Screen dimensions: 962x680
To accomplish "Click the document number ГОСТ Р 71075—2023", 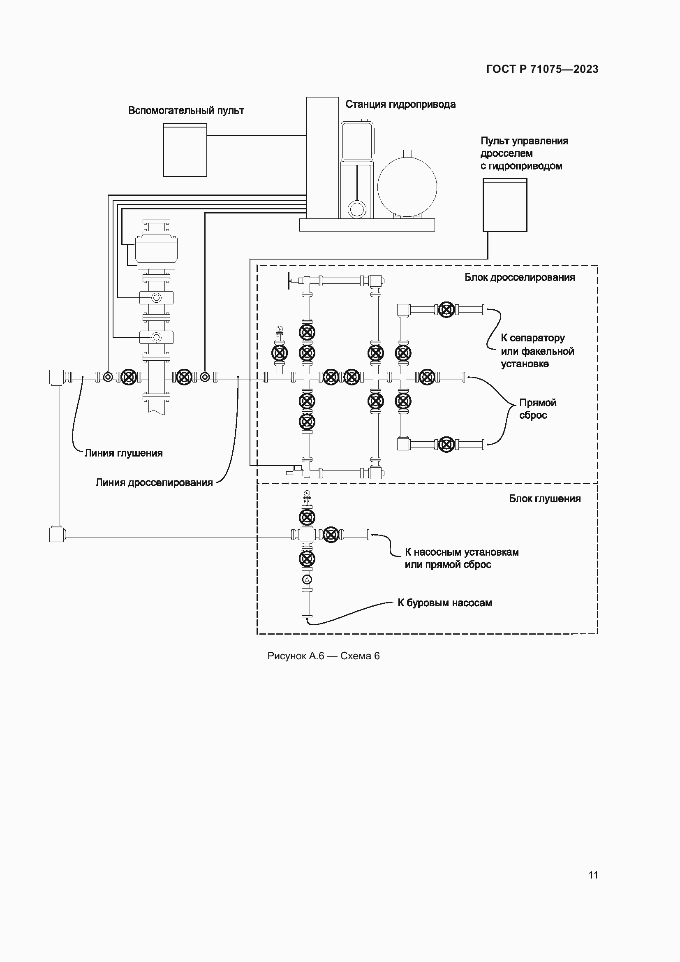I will pos(542,69).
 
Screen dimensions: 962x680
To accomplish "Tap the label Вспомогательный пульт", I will pos(186,111).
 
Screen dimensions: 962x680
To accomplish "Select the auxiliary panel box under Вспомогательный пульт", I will pos(185,150).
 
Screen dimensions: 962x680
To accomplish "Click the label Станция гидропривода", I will pos(400,104).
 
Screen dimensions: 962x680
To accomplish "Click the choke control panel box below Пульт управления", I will pos(504,205).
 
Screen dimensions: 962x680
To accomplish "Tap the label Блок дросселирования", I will pos(519,277).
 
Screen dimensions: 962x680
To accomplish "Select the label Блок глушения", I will pos(544,498).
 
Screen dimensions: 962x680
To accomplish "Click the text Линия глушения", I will pos(123,453).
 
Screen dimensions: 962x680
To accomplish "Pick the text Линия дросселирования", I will pos(154,483).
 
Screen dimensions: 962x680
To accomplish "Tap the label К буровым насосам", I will pos(444,603).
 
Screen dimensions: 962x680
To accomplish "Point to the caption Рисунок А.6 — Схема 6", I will pos(323,656).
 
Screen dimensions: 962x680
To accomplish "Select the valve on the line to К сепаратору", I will pos(446,310).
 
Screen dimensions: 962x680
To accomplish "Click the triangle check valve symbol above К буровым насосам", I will pos(307,580).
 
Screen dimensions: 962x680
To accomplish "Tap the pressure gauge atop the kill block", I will pos(307,493).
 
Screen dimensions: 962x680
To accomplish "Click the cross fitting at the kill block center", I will pos(307,534).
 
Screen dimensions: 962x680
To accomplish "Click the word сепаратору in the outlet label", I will pos(537,338).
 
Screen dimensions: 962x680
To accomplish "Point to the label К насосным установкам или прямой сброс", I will pos(461,558).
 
